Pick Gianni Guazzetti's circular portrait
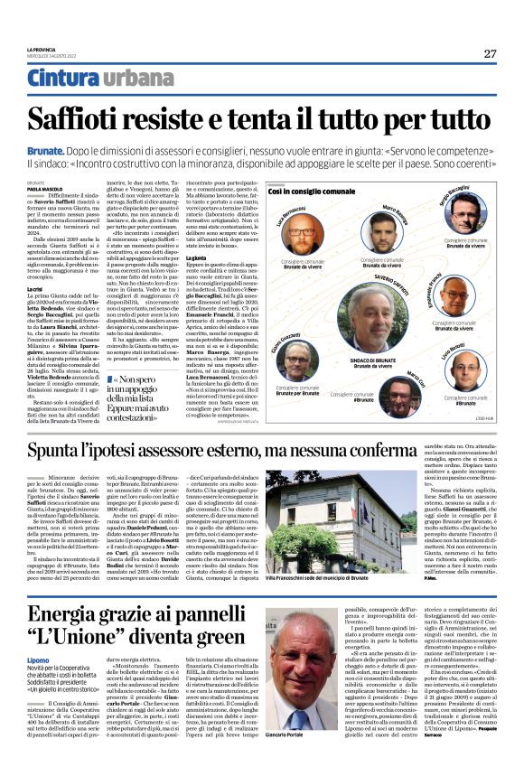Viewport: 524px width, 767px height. coord(298,360)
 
